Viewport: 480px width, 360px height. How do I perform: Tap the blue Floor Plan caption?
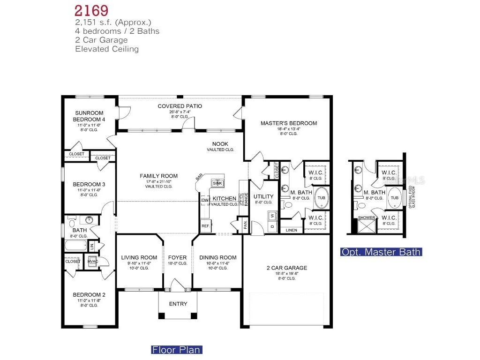(176, 350)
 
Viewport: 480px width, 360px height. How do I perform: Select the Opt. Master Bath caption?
(381, 252)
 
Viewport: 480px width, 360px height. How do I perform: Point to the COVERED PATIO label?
(180, 106)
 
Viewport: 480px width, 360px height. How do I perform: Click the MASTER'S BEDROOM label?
(288, 123)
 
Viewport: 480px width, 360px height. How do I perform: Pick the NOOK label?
(220, 144)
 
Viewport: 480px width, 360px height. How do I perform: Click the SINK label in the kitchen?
(217, 183)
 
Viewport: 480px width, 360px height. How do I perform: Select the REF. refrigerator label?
(205, 225)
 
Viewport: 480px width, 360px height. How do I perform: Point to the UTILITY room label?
(263, 196)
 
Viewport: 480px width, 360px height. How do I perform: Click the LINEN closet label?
(291, 230)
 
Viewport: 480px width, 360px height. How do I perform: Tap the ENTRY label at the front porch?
(178, 304)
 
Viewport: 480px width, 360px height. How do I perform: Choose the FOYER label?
(177, 257)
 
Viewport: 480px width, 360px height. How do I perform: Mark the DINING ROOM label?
(217, 257)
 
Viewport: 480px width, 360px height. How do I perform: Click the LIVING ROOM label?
(139, 257)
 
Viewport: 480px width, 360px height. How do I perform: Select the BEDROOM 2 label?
(89, 295)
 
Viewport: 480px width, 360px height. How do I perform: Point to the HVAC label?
(93, 262)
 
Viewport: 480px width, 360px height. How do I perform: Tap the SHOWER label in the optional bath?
(366, 218)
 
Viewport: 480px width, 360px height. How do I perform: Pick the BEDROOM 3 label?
(89, 184)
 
